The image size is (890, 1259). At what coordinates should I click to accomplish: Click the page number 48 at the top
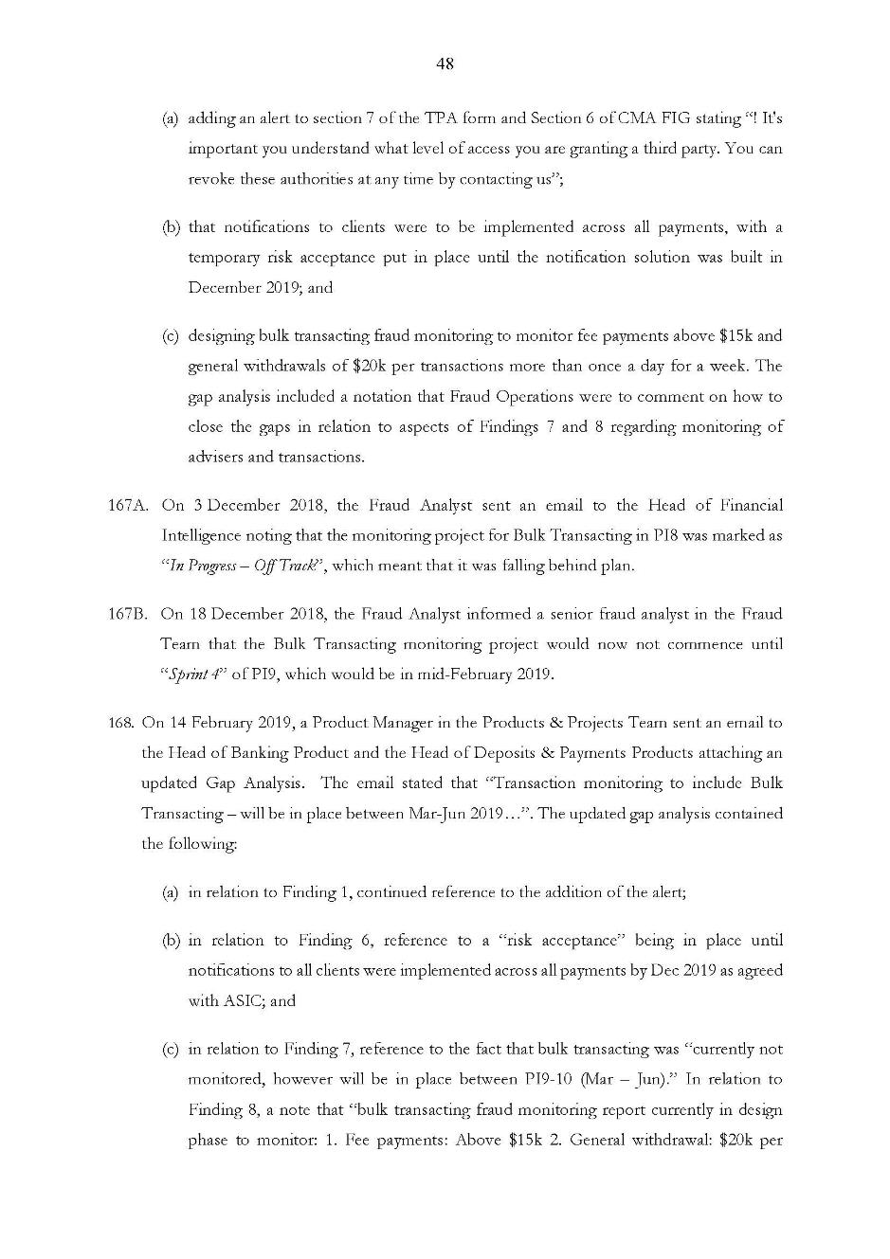click(445, 63)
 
